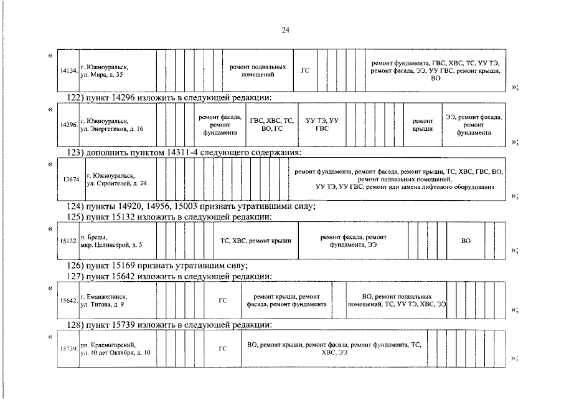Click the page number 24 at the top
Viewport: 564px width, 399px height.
point(285,30)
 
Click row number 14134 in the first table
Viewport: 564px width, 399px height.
point(68,71)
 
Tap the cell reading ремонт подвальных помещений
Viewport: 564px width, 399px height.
point(258,70)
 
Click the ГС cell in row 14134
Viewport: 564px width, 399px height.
point(305,70)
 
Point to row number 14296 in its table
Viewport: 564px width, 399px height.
point(68,125)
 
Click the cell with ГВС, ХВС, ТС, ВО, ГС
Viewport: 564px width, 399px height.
point(271,124)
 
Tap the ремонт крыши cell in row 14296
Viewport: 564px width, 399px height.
point(423,124)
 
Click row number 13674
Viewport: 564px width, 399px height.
point(71,180)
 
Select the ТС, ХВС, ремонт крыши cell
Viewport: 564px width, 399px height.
point(256,241)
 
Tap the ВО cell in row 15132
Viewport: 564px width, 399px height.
point(466,241)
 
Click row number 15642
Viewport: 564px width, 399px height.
point(68,300)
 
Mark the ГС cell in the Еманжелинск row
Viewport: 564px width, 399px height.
point(222,300)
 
